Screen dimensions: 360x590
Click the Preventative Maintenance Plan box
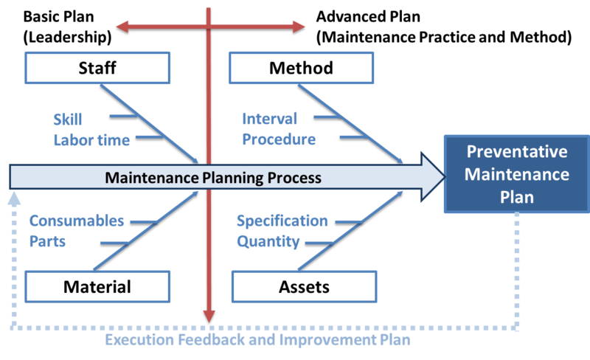coord(516,175)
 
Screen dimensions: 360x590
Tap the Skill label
coord(67,119)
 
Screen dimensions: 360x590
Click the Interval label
coord(269,119)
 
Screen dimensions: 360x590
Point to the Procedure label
coord(279,139)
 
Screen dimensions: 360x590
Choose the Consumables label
coord(77,221)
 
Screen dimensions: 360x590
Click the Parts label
coord(48,241)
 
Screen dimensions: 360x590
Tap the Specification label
coord(282,221)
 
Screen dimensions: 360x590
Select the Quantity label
coord(268,241)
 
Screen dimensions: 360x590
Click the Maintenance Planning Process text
coord(213,178)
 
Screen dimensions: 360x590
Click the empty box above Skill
coord(98,67)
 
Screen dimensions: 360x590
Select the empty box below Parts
coord(98,286)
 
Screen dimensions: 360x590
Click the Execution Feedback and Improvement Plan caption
coord(257,341)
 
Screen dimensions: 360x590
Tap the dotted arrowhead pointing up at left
coord(12,198)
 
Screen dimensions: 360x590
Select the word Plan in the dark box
coord(516,197)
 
